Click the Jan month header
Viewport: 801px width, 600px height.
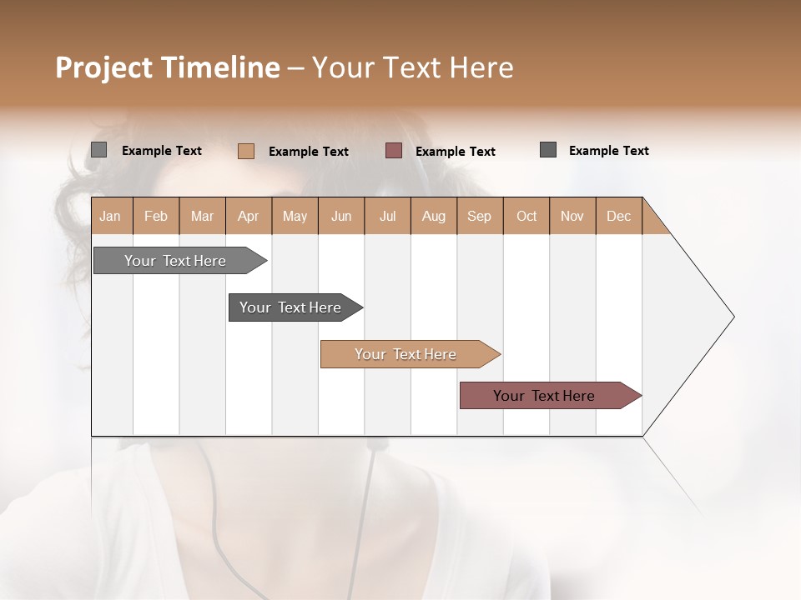111,216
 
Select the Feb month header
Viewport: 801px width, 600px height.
156,216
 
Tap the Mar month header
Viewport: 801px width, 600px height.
202,216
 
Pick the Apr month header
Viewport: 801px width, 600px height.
249,216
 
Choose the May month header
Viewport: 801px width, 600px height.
295,216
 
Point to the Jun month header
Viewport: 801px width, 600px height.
341,216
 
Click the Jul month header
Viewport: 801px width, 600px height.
387,216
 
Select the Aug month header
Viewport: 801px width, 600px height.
434,216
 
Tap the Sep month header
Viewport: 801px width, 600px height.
480,216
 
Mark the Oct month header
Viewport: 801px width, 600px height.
526,216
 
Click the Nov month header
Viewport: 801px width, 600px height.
572,216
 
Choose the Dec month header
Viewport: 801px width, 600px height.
619,216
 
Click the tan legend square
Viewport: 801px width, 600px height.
246,151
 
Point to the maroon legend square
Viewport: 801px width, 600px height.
394,150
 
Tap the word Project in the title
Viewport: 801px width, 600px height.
103,67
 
